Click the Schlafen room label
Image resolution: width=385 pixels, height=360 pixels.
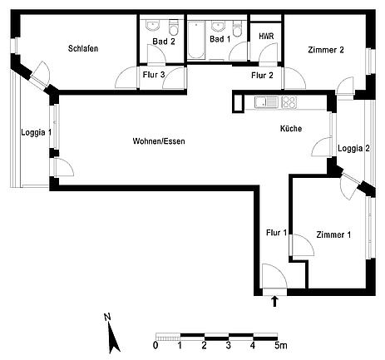(x=83, y=48)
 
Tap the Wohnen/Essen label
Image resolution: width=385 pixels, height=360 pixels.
(x=159, y=141)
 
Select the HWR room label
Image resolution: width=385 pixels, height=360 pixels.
(x=266, y=37)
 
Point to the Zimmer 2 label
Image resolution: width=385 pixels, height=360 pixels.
(x=326, y=50)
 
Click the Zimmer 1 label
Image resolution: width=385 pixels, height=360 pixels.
(x=333, y=234)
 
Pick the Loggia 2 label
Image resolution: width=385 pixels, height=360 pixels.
(x=353, y=148)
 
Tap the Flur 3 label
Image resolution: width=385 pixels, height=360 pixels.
(x=154, y=75)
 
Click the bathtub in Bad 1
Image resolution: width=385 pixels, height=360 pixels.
(x=196, y=40)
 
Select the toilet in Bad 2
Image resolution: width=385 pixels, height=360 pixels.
(x=174, y=27)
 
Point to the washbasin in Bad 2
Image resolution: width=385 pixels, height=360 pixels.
(x=152, y=26)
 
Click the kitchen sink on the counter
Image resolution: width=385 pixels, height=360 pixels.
(x=266, y=101)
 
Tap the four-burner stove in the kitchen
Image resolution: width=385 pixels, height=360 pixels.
(x=289, y=101)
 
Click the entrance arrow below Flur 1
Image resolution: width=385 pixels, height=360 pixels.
(x=274, y=301)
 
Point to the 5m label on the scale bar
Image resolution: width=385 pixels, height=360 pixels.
(x=281, y=346)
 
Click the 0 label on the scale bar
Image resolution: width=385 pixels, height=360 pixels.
(x=155, y=346)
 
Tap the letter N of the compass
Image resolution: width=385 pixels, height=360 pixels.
(x=107, y=317)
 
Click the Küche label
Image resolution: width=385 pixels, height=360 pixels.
(x=291, y=128)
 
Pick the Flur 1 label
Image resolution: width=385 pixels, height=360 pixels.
(x=276, y=233)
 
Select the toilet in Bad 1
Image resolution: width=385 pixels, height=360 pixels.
(x=237, y=28)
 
